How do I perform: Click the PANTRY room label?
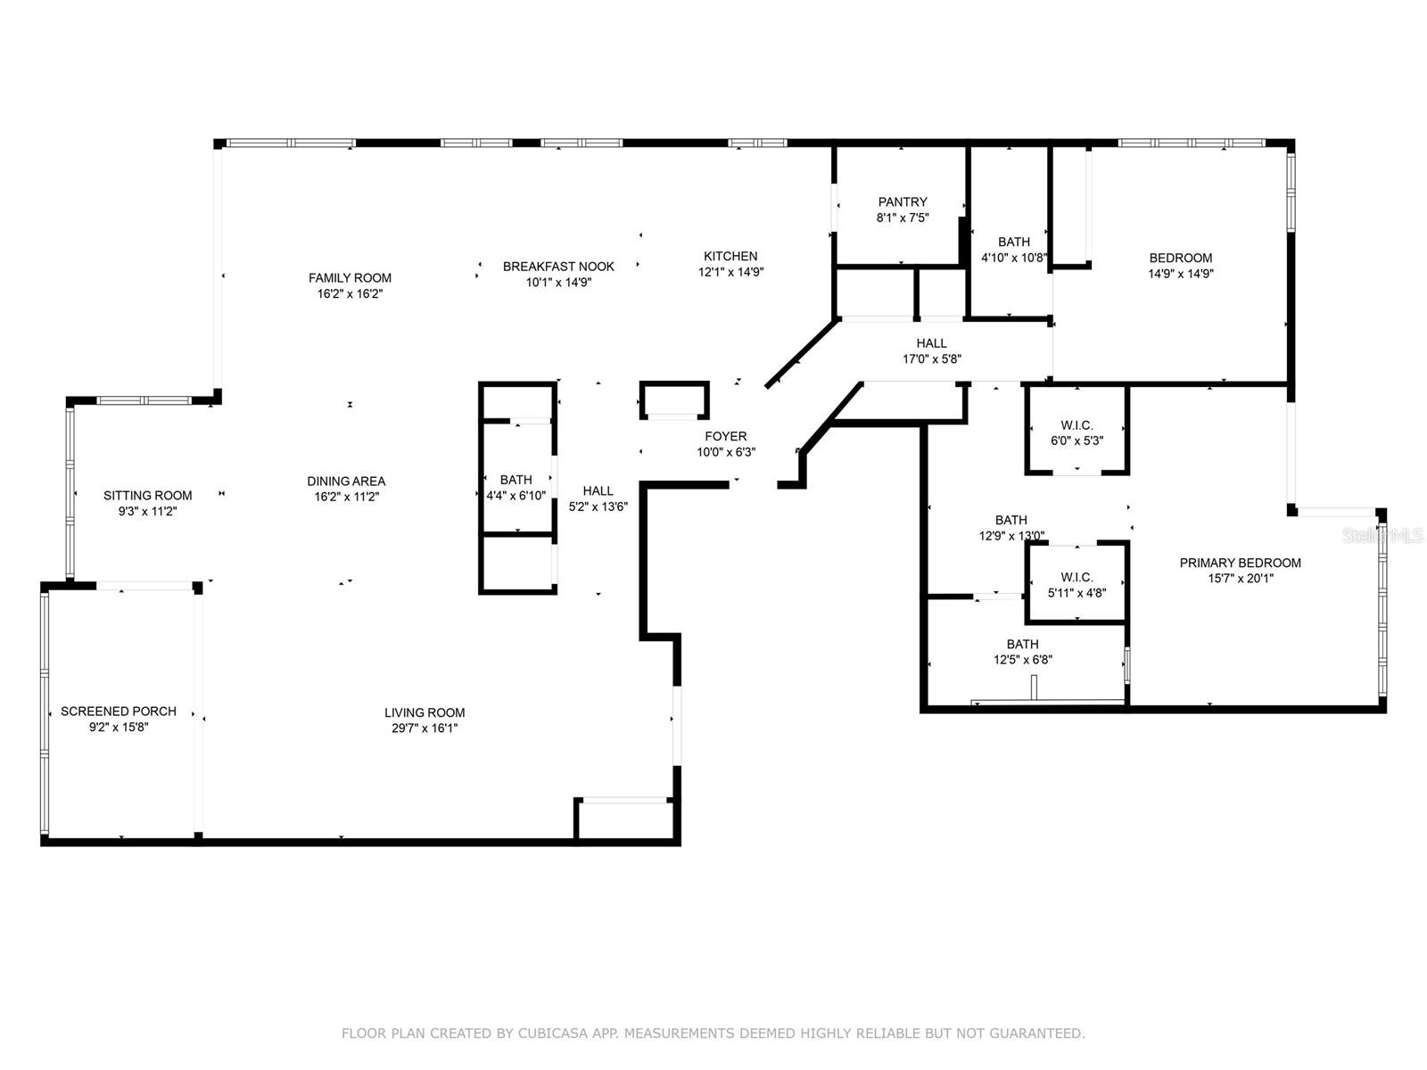[903, 202]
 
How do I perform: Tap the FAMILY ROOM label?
[350, 277]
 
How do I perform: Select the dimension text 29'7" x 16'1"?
[425, 728]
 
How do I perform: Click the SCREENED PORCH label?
[119, 711]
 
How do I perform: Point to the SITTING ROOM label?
[147, 495]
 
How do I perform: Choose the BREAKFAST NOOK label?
[558, 266]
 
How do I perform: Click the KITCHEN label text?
[730, 256]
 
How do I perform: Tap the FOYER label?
[726, 436]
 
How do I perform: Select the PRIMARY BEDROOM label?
[1240, 563]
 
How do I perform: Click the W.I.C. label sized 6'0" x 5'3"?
[1076, 425]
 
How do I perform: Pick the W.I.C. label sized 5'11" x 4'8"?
[1076, 577]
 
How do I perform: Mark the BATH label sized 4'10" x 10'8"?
[1013, 242]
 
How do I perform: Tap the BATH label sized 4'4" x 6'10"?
[516, 480]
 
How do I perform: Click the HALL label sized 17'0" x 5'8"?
[931, 343]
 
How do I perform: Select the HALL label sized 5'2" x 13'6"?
[598, 490]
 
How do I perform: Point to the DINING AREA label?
[346, 481]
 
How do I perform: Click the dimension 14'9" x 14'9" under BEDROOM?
[1180, 275]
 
